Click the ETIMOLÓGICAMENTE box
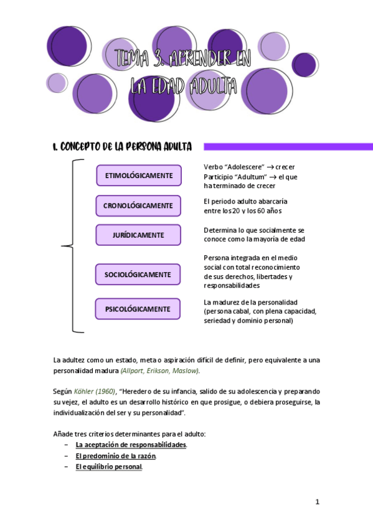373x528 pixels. click(138, 176)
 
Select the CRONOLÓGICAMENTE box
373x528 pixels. click(138, 205)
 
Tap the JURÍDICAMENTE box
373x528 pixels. click(138, 235)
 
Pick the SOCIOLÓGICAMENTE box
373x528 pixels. click(138, 275)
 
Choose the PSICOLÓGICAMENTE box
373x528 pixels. click(138, 309)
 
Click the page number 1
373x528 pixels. click(317, 502)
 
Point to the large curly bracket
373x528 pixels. click(70, 246)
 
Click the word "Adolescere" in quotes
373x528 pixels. click(245, 167)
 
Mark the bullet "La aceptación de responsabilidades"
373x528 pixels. click(131, 445)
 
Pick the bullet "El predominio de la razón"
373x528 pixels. click(116, 456)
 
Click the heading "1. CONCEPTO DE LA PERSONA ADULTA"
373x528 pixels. click(122, 147)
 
